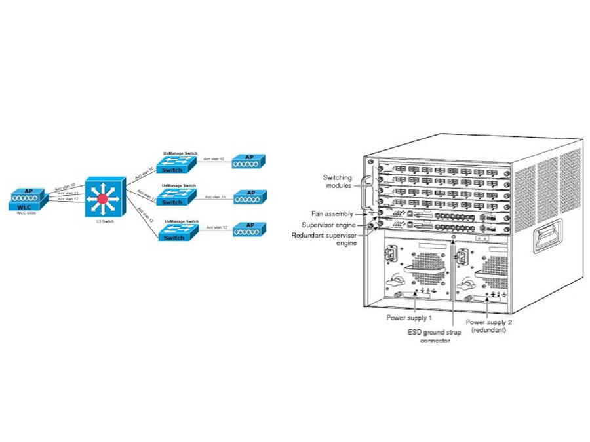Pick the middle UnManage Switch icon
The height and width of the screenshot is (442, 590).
[x=178, y=196]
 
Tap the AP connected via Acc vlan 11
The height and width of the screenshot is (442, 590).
[x=250, y=196]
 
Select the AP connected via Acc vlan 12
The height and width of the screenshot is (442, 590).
[x=250, y=229]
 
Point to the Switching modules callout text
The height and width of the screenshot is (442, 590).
[x=338, y=181]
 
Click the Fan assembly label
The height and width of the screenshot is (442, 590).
[x=332, y=213]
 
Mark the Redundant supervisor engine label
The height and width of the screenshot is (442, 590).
[x=324, y=238]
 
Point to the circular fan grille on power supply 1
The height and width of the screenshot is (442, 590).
[x=423, y=268]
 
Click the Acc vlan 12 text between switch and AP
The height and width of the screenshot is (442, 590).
[x=216, y=227]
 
